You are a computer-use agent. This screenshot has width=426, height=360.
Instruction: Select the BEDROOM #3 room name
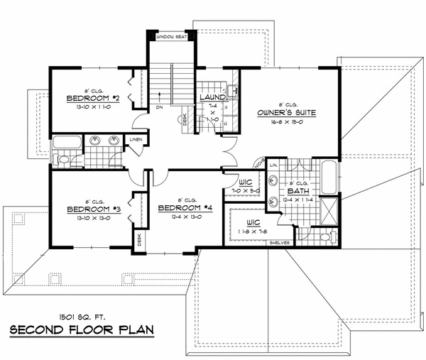point(92,209)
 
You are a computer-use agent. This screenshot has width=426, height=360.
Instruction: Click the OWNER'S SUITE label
point(287,112)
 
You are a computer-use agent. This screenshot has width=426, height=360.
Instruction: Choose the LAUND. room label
point(212,97)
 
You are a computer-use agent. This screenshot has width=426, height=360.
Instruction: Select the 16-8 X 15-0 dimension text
point(288,122)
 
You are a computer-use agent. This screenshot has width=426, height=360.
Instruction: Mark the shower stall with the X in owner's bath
point(327,210)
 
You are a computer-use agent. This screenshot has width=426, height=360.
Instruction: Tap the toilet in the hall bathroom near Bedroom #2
point(62,160)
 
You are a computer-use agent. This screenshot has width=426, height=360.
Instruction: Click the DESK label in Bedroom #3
point(138,243)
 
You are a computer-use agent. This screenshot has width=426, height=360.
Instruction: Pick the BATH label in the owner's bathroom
point(298,192)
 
